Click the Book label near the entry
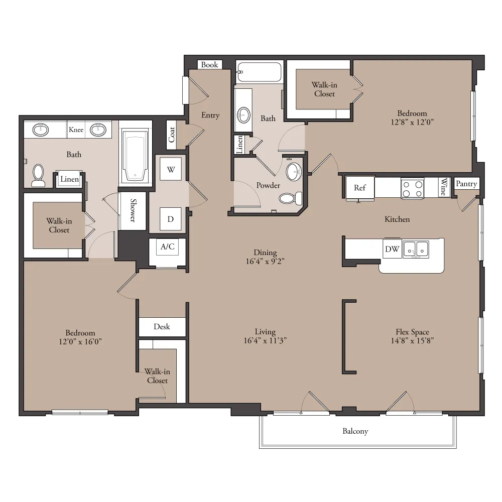pos(209,65)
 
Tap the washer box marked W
pos(171,169)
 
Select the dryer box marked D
pos(170,219)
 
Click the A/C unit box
pos(168,247)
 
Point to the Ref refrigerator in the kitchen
pos(360,188)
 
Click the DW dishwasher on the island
pos(392,249)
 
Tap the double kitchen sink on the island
pos(416,249)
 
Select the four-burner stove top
pos(412,189)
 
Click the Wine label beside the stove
pos(444,187)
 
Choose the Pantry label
pos(466,183)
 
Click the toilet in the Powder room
pos(291,198)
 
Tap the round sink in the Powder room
pos(294,172)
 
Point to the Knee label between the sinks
pos(76,130)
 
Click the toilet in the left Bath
pos(39,175)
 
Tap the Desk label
pos(162,327)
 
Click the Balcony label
pos(355,431)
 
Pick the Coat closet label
pos(172,135)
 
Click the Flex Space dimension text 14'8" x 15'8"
pos(412,341)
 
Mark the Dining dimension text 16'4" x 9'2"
pos(265,261)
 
